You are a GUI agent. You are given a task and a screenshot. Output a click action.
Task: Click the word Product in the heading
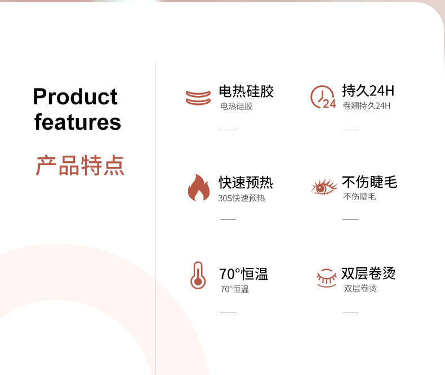pos(75,96)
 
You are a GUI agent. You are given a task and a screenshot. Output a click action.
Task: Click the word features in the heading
pos(78,122)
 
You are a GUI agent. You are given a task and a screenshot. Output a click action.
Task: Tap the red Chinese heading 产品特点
pos(80,165)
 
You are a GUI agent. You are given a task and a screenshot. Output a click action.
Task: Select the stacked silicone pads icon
pos(198,98)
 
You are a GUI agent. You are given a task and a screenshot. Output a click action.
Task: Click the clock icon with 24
pos(323,97)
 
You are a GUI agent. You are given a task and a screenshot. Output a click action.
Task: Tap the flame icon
pos(199,187)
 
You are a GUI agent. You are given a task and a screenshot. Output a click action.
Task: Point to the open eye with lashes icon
pos(324,187)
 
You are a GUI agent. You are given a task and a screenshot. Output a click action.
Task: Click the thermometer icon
pos(198,275)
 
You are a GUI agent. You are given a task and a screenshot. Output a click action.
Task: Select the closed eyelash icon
pos(326,278)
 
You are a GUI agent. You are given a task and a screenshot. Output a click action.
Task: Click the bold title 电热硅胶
pos(246,91)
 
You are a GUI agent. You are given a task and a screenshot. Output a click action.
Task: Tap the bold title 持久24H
pos(368,91)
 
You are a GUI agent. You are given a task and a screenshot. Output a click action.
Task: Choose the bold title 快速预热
pos(246,182)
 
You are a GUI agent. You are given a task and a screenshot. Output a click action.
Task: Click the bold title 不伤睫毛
pos(370,182)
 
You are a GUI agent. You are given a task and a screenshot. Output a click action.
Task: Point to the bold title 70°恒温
pos(243,274)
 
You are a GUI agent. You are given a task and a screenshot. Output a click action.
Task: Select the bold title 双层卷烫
pos(368,273)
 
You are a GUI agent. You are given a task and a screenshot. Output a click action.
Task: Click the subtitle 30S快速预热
pos(242,198)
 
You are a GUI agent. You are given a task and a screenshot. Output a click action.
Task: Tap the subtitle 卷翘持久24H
pos(366,105)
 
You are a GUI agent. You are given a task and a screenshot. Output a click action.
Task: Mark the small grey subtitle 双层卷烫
pos(361,288)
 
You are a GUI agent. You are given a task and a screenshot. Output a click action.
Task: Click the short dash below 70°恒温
pos(228,312)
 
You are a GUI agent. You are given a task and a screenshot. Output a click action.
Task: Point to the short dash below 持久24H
pos(350,130)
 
